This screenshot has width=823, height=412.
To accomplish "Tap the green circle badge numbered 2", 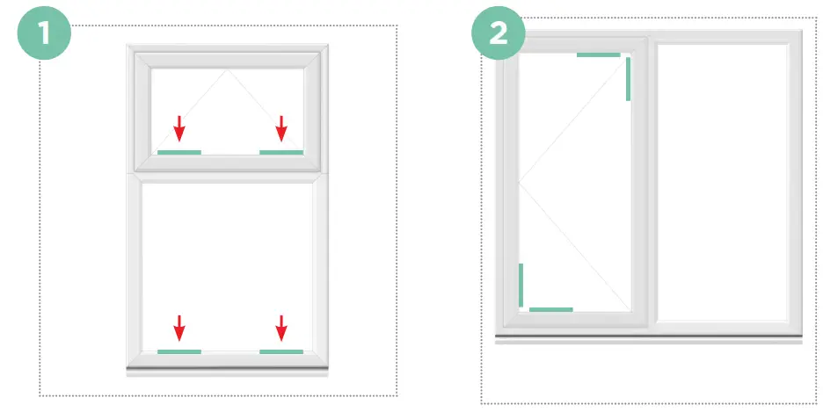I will (x=499, y=34).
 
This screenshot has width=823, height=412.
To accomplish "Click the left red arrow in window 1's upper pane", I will (x=179, y=128).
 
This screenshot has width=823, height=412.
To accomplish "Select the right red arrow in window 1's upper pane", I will (x=281, y=128).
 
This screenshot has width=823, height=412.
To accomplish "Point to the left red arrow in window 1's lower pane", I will (x=179, y=328).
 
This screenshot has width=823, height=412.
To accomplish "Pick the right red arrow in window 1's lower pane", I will (x=281, y=328).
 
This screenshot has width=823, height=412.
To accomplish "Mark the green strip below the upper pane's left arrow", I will (x=179, y=152).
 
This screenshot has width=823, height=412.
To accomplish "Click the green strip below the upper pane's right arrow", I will (x=281, y=152).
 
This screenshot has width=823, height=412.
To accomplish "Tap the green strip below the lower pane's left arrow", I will (x=179, y=351).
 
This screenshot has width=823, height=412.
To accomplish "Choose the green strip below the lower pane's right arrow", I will (x=281, y=351).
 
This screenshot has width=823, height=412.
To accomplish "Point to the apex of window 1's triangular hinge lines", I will (x=229, y=69).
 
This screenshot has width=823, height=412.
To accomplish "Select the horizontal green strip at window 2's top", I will (x=599, y=54).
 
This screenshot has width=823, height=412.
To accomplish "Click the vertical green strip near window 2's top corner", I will (x=628, y=79).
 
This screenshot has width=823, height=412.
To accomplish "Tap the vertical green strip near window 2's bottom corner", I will (x=521, y=285).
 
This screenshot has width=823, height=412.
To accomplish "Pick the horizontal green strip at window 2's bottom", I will (x=551, y=309).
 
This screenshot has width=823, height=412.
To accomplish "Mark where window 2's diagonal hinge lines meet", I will (x=520, y=182).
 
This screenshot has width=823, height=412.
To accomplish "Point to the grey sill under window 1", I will (x=228, y=369).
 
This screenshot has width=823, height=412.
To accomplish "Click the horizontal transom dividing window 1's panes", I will (x=228, y=174).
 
